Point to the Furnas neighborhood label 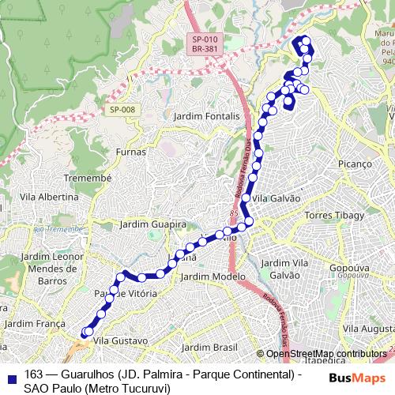coord(130,152)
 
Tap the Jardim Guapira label coord(152,224)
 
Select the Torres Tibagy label coord(334,215)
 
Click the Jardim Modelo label coord(213,276)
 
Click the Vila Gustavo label coord(121,340)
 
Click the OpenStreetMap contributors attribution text coord(325,354)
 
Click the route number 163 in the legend coord(33,374)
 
